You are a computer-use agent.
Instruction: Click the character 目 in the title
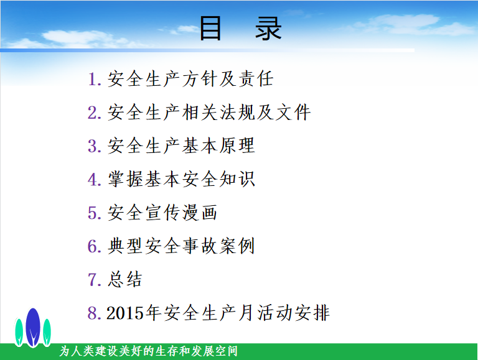tap(210, 29)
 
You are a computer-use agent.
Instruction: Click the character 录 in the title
tap(268, 29)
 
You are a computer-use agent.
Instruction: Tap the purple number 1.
tap(92, 79)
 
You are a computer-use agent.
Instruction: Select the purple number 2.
tap(92, 113)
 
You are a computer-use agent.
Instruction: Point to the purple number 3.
tap(92, 146)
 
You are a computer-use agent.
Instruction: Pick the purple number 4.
tap(92, 180)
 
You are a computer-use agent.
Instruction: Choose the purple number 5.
tap(92, 213)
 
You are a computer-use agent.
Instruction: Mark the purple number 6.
tap(92, 246)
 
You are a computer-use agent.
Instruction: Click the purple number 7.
tap(92, 280)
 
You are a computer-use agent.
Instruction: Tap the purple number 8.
tap(92, 313)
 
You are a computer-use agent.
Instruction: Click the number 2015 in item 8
tap(125, 313)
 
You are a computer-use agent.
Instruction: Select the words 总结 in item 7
tap(125, 279)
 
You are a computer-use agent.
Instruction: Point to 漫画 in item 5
tap(200, 212)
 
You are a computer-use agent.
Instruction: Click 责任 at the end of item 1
tap(256, 78)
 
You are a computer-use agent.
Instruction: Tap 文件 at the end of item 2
tap(293, 112)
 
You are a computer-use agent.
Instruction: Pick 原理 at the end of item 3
tap(237, 145)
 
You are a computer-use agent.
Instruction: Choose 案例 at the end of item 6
tap(237, 246)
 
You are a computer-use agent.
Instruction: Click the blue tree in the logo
tap(33, 328)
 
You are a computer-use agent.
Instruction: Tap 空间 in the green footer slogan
tap(227, 351)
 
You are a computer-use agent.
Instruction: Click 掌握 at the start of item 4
tap(126, 179)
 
